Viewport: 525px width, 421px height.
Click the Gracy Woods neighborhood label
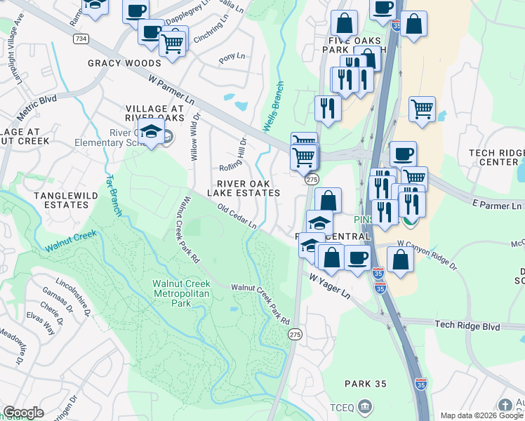pyautogui.click(x=124, y=63)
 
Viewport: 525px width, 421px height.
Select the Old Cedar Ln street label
pyautogui.click(x=237, y=216)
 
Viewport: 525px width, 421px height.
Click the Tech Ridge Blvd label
pyautogui.click(x=467, y=326)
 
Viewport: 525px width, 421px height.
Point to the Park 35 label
pyautogui.click(x=366, y=384)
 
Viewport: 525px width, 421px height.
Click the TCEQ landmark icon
pyautogui.click(x=364, y=406)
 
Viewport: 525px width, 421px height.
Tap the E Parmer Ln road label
pyautogui.click(x=497, y=206)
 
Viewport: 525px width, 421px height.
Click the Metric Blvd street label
pyautogui.click(x=37, y=104)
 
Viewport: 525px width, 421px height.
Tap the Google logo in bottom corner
pyautogui.click(x=23, y=413)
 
